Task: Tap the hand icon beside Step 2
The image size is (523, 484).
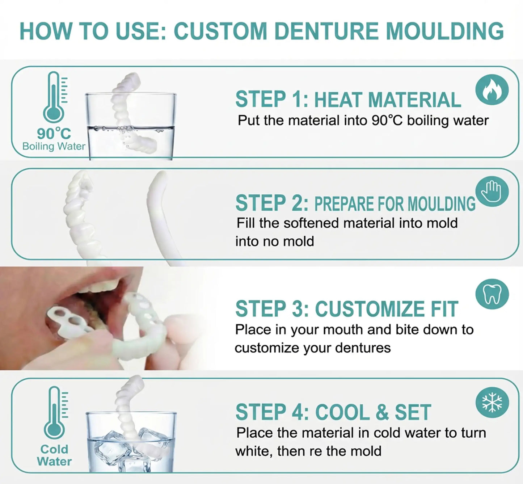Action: tap(492, 192)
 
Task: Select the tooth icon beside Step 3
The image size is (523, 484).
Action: tap(492, 294)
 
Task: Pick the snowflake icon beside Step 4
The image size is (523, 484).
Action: tap(492, 402)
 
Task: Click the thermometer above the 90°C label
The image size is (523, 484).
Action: tap(54, 97)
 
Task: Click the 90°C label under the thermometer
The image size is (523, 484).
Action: tap(54, 133)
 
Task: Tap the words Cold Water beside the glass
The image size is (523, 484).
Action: tap(54, 455)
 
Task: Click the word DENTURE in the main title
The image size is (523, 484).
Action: tap(326, 31)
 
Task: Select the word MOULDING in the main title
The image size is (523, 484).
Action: tap(444, 31)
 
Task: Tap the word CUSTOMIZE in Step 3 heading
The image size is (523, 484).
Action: tap(370, 309)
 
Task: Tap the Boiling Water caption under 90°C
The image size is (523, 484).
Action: tap(54, 147)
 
